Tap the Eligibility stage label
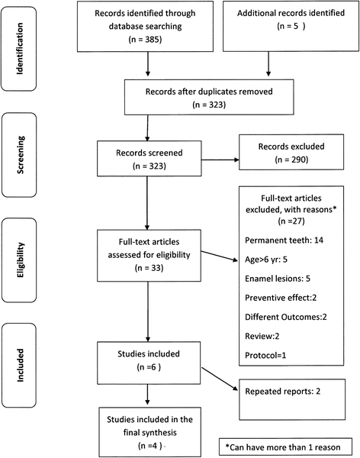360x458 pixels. [x=21, y=253]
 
